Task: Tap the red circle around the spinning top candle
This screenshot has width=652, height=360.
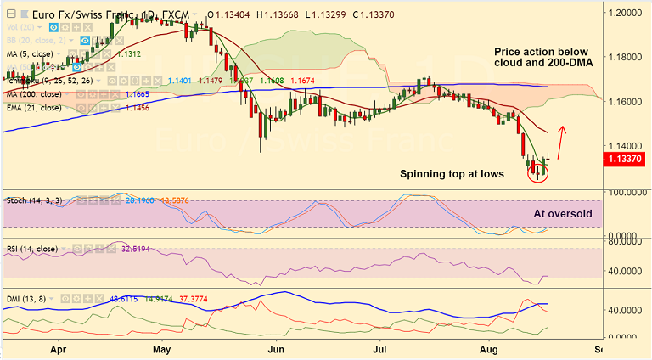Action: [538, 172]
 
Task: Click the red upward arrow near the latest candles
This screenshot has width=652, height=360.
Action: [560, 142]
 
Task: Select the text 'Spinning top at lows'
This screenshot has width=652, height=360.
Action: [452, 173]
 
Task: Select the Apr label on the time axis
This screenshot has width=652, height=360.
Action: [59, 348]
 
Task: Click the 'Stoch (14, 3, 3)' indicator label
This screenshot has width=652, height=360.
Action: [36, 201]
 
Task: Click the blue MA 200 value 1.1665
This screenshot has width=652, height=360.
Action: [138, 94]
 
